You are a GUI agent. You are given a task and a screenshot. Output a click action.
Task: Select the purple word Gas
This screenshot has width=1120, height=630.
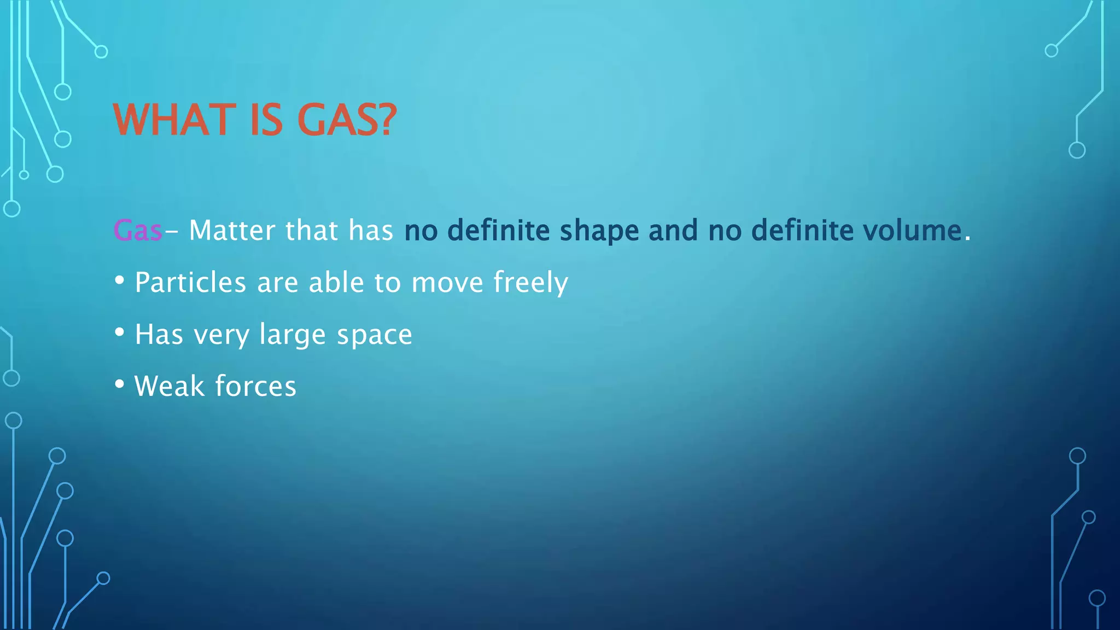[x=137, y=230]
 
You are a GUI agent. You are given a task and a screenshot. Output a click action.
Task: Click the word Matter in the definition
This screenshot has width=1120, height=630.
[x=231, y=230]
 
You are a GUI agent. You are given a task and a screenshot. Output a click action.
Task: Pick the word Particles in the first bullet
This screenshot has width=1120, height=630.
[x=190, y=282]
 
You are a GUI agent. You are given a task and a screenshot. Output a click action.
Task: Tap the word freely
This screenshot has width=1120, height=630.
[x=530, y=283]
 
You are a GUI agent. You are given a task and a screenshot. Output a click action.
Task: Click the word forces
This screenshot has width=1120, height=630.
[x=255, y=386]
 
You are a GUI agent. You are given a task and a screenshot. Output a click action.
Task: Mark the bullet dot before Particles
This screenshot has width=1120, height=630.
[x=120, y=281]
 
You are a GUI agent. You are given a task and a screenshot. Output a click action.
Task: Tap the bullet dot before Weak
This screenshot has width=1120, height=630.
[x=120, y=384]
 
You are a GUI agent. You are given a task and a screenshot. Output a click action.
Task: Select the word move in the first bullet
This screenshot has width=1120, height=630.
[x=447, y=283]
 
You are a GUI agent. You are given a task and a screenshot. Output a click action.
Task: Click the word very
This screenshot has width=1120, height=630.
[x=221, y=335]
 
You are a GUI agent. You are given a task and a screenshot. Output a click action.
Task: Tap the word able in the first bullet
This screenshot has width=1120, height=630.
[x=336, y=282]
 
